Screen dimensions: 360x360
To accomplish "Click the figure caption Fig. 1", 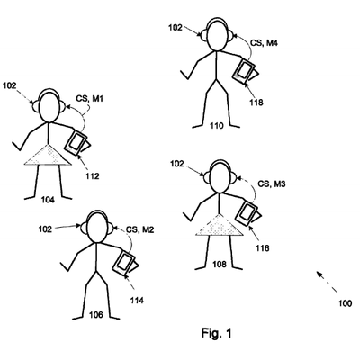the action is (216, 333).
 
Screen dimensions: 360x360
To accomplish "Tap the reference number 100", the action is (345, 303).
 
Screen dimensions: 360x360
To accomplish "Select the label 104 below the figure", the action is (48, 200).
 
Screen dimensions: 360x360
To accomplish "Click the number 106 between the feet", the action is (96, 315).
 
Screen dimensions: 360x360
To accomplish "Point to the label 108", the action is (220, 265).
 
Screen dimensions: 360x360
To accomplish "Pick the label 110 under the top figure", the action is (216, 126).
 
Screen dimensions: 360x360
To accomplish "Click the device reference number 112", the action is (92, 176).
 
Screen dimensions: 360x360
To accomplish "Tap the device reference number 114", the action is (137, 300).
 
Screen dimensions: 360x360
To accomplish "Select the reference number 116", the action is (263, 248).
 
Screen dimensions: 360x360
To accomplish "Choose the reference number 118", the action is (256, 103).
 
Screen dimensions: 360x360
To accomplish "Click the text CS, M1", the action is (89, 98).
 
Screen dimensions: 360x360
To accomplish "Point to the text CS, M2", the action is (139, 229).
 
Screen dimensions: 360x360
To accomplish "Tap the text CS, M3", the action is (272, 184).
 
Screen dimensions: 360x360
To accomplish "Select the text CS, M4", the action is (264, 43).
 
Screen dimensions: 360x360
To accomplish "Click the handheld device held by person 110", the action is (244, 70).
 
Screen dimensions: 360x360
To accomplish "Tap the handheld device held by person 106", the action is (124, 263).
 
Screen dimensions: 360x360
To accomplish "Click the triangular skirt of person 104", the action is (48, 155).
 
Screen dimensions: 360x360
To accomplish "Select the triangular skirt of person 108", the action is (220, 225).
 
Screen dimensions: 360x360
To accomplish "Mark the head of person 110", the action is (216, 35).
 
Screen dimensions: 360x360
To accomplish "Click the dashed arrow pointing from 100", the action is (327, 282).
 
